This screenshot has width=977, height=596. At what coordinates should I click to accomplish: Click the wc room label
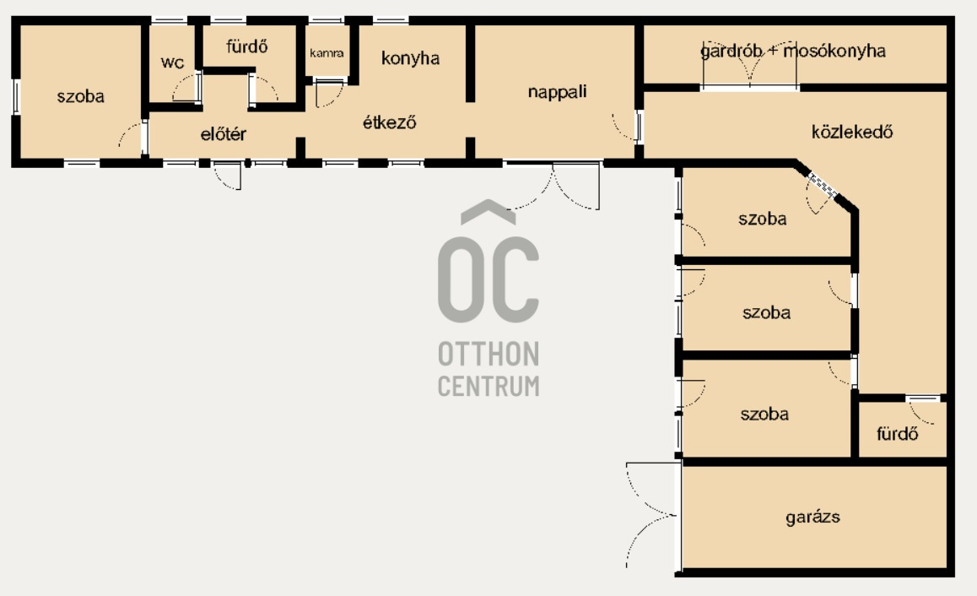coord(172,62)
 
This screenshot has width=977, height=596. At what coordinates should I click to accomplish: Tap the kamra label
coord(327,53)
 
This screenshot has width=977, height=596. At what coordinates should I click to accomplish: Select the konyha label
coord(410,58)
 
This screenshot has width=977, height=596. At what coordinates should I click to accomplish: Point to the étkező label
coord(389,122)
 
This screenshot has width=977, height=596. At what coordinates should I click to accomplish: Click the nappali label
coord(557,92)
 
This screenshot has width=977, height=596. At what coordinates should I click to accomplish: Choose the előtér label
coord(223,133)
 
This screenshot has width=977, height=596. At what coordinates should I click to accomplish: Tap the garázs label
coord(812,517)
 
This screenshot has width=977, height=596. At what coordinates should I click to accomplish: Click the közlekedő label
coord(852,132)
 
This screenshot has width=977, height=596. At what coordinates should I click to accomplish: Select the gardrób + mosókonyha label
coord(792,51)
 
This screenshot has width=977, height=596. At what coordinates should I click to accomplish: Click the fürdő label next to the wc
coord(246,46)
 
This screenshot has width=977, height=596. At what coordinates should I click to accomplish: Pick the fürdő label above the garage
coord(897,433)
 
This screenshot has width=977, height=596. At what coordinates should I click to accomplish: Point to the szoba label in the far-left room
coord(80,96)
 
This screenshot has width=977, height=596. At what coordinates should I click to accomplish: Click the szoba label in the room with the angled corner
coord(762,219)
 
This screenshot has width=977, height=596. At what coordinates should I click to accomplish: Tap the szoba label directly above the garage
coord(764,414)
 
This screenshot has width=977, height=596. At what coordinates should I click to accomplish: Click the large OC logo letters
coord(488,279)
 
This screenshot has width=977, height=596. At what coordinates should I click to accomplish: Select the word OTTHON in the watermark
coord(488,354)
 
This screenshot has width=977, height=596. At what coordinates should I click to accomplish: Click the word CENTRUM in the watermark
coord(488,386)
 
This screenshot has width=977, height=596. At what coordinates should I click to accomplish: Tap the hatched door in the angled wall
coord(822,185)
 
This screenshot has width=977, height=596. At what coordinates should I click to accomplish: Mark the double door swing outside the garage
coord(651,516)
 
